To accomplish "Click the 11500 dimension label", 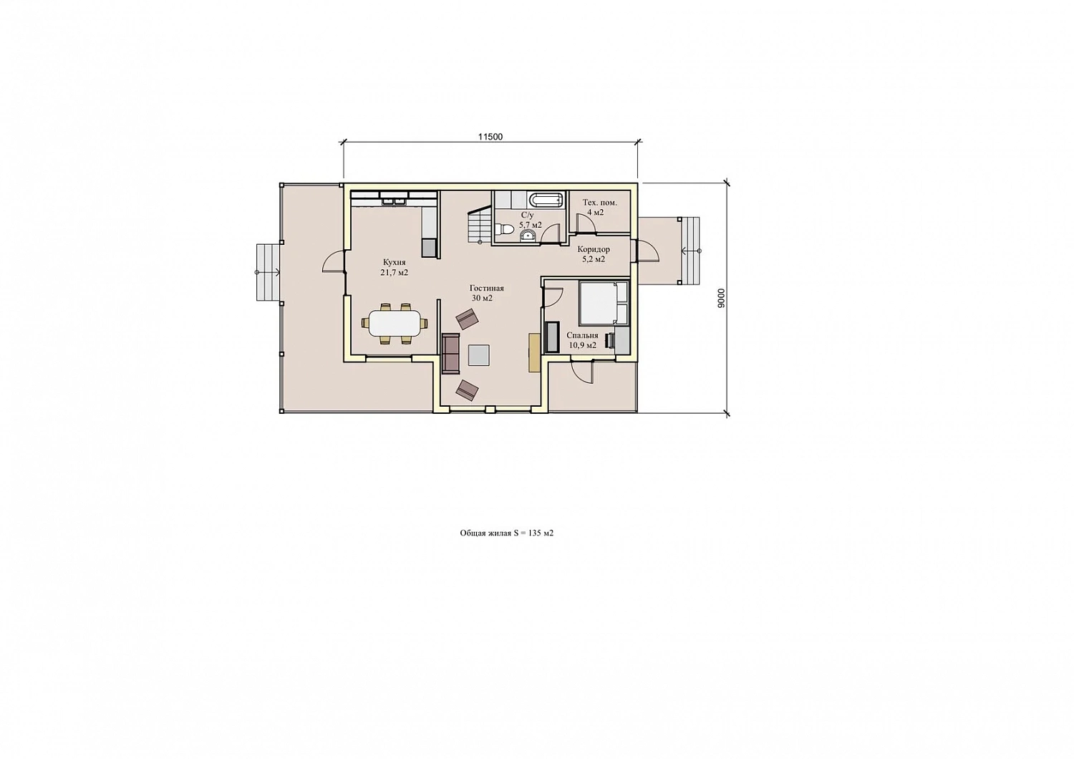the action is (x=490, y=137).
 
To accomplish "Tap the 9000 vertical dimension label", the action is (x=722, y=299).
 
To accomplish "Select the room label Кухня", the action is (x=394, y=263).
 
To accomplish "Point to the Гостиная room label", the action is (x=487, y=288).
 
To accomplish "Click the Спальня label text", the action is (x=582, y=335).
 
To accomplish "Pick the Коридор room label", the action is (x=594, y=249).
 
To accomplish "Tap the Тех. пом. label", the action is (x=600, y=203).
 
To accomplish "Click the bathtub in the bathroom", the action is (x=546, y=200).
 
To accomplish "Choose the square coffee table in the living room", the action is (x=479, y=355).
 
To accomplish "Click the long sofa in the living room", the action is (x=450, y=354).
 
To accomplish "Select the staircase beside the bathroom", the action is (x=480, y=226).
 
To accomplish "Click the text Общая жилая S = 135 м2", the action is (x=507, y=533).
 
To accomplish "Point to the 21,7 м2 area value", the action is (x=394, y=273).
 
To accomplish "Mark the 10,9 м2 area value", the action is (x=582, y=345).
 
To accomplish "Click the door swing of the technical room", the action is (x=584, y=223).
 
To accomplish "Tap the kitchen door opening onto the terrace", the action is (x=333, y=261).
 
